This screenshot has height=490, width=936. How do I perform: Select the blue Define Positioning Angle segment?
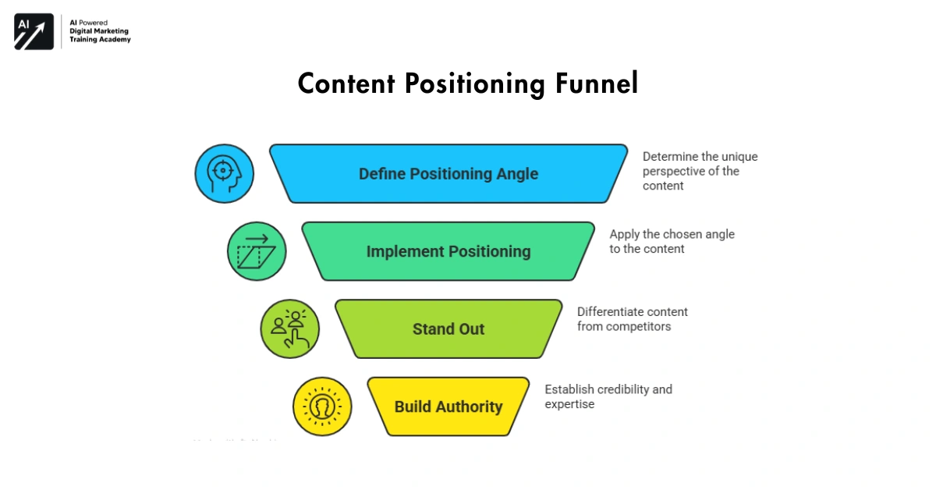(448, 173)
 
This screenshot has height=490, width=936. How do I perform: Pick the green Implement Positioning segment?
(448, 251)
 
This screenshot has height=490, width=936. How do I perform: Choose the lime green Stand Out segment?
(448, 328)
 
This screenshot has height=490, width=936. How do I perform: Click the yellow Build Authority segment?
(448, 407)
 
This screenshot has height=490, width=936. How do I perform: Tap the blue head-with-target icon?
(224, 173)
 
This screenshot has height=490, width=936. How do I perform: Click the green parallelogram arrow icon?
(257, 251)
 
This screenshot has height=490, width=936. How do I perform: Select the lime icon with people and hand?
(289, 328)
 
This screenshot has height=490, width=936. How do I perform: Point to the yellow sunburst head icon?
(322, 407)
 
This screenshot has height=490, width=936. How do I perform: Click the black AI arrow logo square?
(34, 32)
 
